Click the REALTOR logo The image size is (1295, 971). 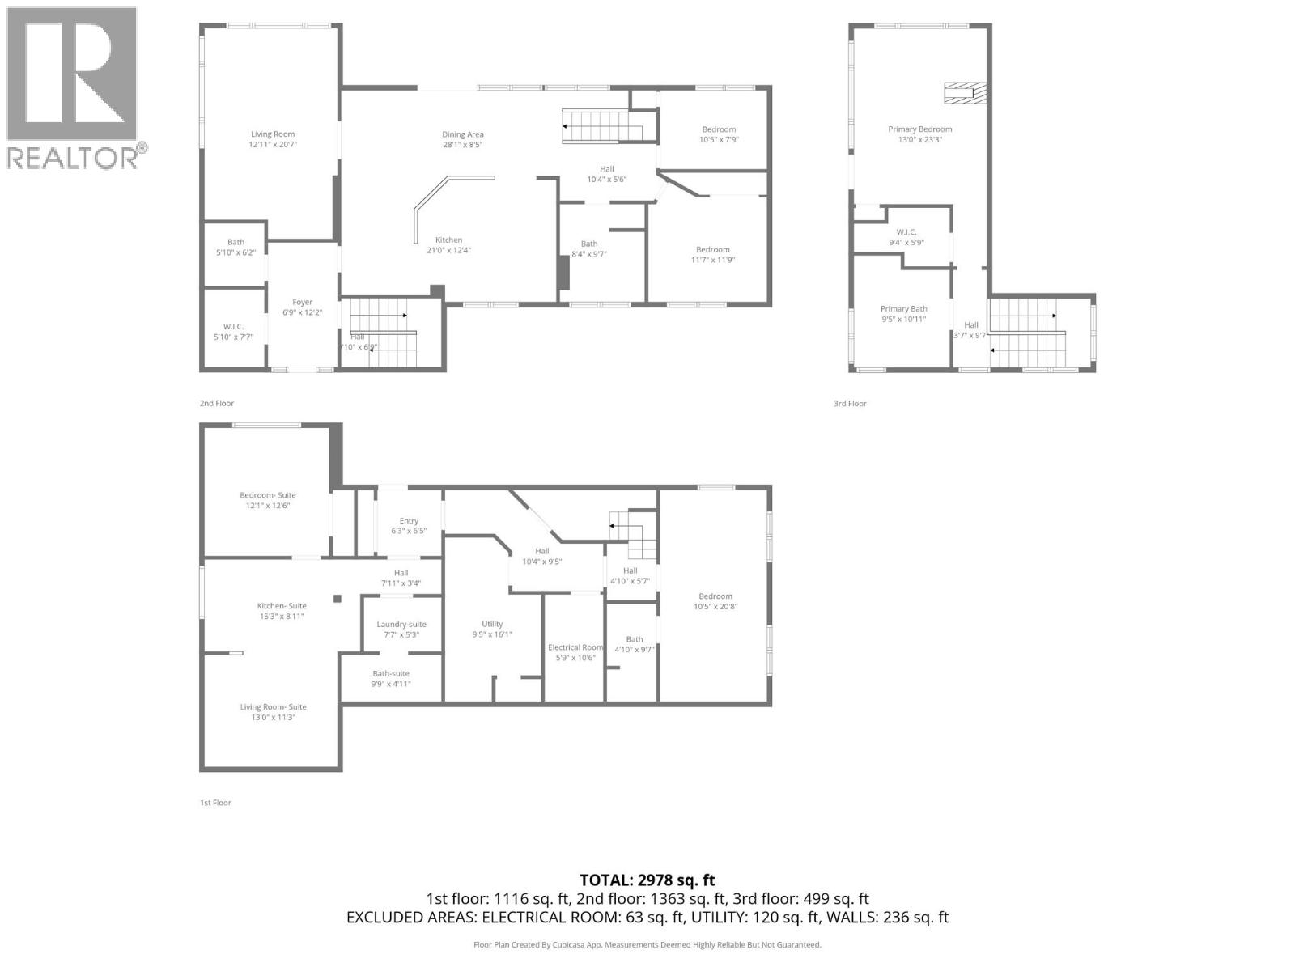click(x=75, y=87)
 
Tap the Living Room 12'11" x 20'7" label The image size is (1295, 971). click(x=272, y=139)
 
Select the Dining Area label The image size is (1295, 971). click(x=462, y=139)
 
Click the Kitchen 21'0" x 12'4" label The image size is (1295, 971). click(x=448, y=245)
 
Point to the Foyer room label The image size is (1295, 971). click(x=302, y=307)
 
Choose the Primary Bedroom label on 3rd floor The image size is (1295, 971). click(x=919, y=134)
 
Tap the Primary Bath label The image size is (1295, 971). click(x=903, y=314)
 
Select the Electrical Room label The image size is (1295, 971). click(x=575, y=652)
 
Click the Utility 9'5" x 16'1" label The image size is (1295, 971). click(x=492, y=629)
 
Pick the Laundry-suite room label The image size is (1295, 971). click(x=401, y=629)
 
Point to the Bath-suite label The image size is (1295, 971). click(x=391, y=678)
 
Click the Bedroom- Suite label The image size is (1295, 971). click(x=267, y=500)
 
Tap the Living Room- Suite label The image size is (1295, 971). click(x=273, y=711)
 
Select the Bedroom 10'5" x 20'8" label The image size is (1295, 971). click(x=715, y=601)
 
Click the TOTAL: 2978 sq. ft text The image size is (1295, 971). click(x=647, y=880)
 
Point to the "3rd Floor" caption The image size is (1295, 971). click(x=850, y=403)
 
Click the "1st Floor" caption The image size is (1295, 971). click(x=215, y=803)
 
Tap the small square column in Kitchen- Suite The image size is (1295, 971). click(x=338, y=599)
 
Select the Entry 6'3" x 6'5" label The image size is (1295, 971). click(x=408, y=526)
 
